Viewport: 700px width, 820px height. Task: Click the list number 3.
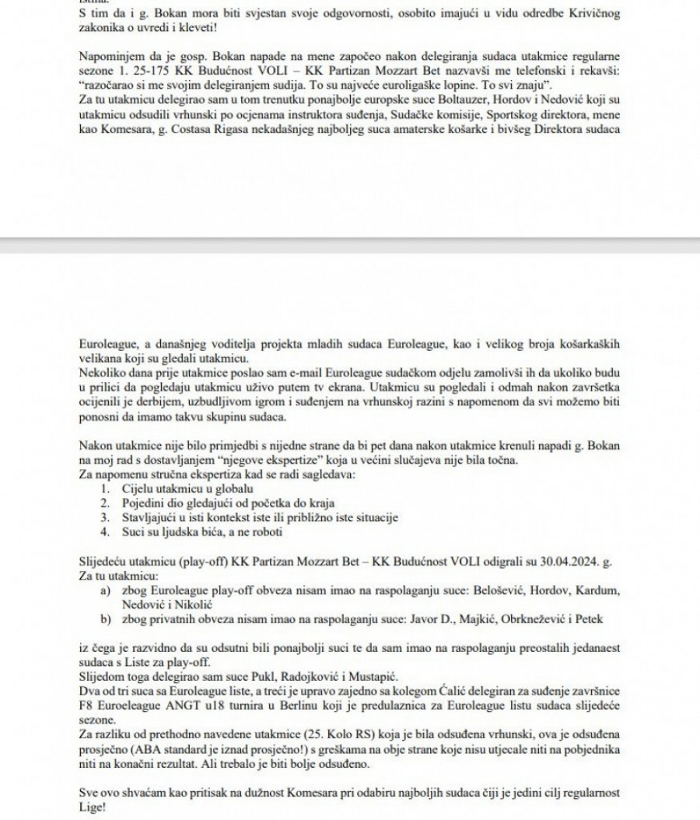click(x=105, y=517)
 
